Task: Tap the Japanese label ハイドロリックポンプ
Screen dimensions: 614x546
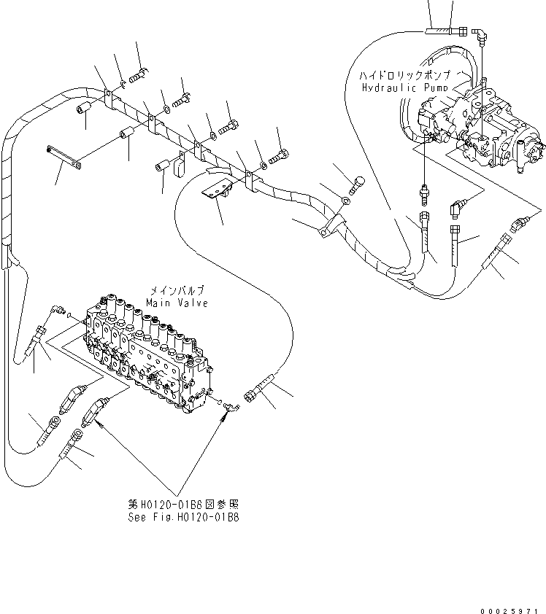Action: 404,75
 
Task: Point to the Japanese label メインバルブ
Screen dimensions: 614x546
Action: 177,290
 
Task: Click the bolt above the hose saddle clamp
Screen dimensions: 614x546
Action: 357,183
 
